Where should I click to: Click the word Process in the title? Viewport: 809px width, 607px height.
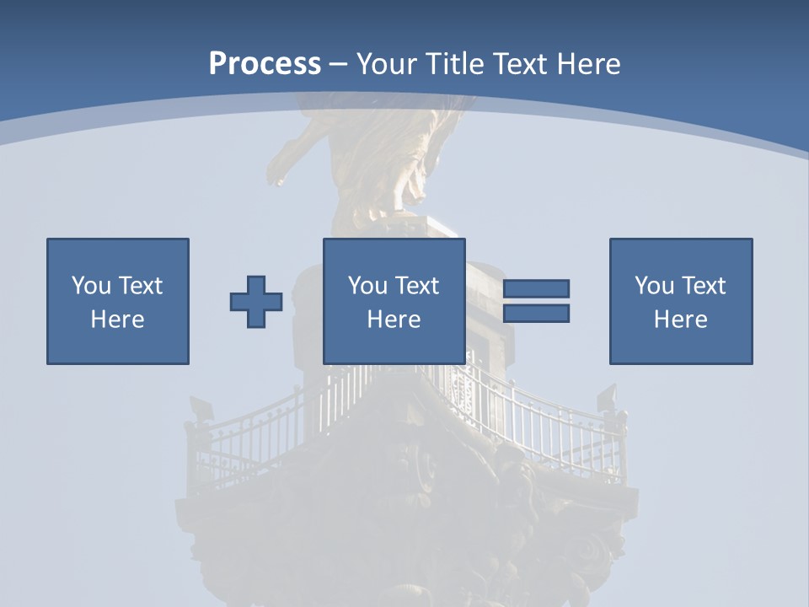click(x=265, y=64)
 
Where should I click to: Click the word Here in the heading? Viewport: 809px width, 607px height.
click(x=589, y=64)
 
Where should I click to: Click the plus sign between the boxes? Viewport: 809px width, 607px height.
click(x=256, y=301)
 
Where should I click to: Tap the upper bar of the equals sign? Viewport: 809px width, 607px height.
click(x=536, y=288)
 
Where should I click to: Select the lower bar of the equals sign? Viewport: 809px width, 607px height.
click(x=536, y=314)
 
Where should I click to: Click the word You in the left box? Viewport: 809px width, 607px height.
click(x=91, y=286)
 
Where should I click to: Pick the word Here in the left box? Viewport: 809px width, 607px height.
click(x=118, y=320)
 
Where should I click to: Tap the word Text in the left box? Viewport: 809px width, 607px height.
click(x=139, y=286)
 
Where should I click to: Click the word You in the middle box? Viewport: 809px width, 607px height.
click(x=367, y=286)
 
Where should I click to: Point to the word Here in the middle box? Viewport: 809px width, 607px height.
click(x=394, y=320)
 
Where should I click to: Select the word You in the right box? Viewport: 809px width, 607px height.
click(x=654, y=286)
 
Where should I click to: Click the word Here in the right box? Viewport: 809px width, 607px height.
click(x=681, y=320)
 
